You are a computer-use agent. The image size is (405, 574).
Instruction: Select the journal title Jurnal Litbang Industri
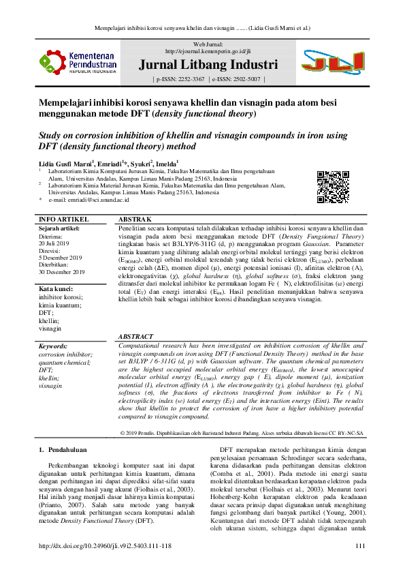coord(208,65)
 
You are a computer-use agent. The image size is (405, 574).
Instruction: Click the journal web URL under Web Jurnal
coord(208,51)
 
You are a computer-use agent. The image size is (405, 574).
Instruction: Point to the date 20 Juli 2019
coord(52,243)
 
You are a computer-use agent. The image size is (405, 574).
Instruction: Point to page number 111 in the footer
coord(360,545)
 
